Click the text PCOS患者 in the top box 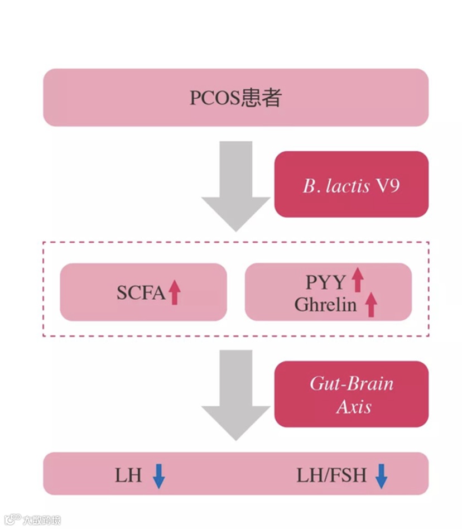tap(235, 98)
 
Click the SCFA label tap(141, 292)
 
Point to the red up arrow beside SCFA tap(175, 292)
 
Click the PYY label tap(325, 282)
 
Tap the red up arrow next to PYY tap(357, 280)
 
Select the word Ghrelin tap(326, 305)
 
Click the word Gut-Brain tap(352, 384)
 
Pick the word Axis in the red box tap(354, 406)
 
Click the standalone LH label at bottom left tap(128, 475)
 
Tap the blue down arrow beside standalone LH tap(159, 475)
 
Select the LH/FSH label tap(331, 475)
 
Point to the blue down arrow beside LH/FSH tap(381, 475)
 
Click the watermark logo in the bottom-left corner tap(12, 520)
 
